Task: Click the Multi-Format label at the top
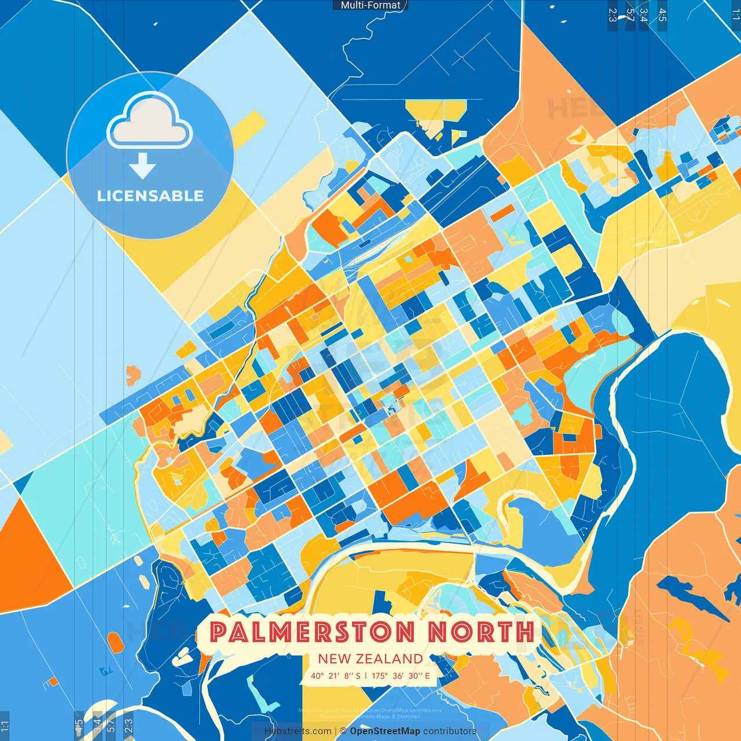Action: (x=370, y=5)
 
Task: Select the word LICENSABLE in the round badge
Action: (x=151, y=196)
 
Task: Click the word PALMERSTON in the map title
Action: (x=313, y=632)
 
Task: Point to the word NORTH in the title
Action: (x=481, y=632)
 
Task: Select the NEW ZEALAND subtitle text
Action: (x=370, y=659)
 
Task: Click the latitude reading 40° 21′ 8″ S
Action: (x=336, y=676)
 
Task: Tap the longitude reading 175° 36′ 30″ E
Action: (x=401, y=676)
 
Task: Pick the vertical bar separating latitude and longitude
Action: (x=366, y=676)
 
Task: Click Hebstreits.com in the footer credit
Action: (x=298, y=731)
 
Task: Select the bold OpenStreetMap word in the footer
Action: (x=385, y=731)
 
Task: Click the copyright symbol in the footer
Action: (x=343, y=731)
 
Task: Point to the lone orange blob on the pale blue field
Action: (x=133, y=375)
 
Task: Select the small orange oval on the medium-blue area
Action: (x=115, y=641)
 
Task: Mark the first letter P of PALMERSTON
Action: (x=217, y=632)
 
